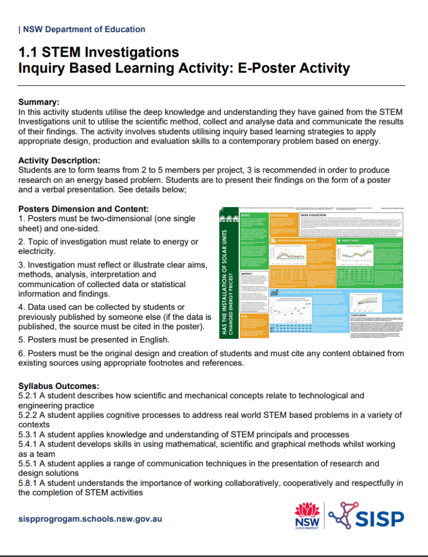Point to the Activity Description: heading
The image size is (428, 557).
pos(59,160)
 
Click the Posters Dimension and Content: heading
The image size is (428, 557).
pos(83,209)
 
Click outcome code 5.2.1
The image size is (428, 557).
pos(27,396)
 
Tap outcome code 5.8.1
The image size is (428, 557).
pos(27,483)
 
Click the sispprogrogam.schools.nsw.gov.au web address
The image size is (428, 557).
pos(90,519)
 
